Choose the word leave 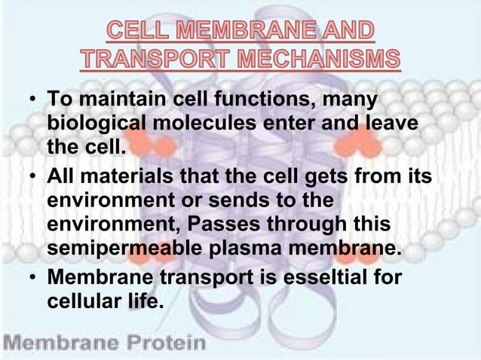coord(391,123)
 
